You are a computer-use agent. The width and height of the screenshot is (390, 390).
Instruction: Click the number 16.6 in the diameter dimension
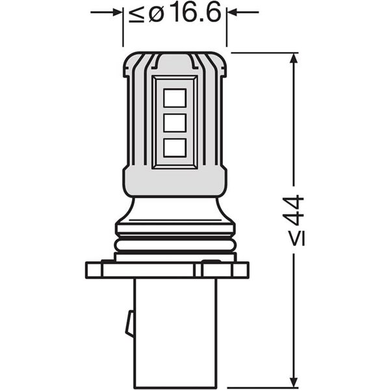[192, 14]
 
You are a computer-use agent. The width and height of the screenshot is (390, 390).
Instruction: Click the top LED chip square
[174, 97]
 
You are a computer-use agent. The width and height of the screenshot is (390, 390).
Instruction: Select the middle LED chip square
[174, 123]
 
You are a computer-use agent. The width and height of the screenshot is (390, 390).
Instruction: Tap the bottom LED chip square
[174, 148]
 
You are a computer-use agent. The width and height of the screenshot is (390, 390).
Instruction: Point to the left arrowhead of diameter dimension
[116, 12]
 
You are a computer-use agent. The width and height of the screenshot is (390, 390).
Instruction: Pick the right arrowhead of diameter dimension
[233, 12]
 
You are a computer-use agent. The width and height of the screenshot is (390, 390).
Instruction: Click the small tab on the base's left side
[129, 322]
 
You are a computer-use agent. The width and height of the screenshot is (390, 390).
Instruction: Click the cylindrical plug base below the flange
[174, 331]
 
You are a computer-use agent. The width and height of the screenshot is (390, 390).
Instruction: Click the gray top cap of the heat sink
[174, 60]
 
